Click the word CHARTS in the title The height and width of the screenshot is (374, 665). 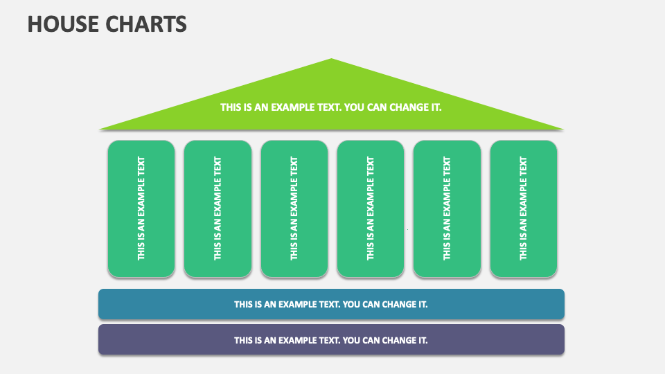[x=146, y=24]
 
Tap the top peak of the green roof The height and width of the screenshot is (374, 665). [x=332, y=60]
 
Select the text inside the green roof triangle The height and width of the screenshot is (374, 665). [x=331, y=107]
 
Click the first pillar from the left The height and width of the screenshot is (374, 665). [x=141, y=208]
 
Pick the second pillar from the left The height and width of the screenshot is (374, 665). [x=218, y=208]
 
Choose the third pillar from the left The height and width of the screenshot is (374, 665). [x=294, y=208]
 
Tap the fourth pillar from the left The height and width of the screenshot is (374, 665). [x=371, y=208]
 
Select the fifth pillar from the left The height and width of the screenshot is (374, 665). [x=447, y=208]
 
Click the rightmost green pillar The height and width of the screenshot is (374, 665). [x=523, y=208]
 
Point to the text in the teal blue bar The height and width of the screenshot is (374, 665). [x=331, y=304]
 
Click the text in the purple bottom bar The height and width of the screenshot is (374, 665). [x=331, y=340]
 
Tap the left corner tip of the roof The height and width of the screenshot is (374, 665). [x=101, y=128]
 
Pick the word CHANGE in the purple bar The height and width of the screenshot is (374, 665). [x=398, y=340]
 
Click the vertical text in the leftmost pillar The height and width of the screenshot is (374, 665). [x=141, y=208]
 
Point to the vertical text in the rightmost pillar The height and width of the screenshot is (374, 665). [x=523, y=208]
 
